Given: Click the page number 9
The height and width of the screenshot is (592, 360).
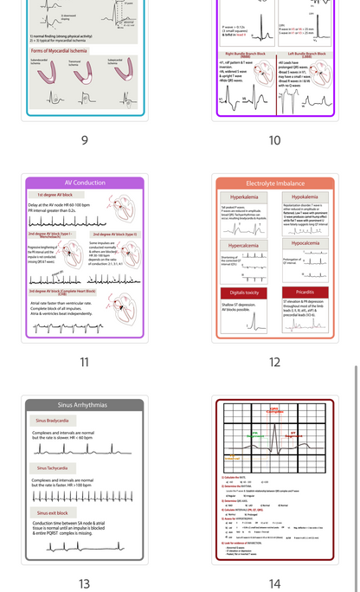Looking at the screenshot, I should pyautogui.click(x=84, y=141).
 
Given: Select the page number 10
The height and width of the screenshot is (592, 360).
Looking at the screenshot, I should pyautogui.click(x=274, y=141).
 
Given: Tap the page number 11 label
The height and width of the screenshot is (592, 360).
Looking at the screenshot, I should pyautogui.click(x=84, y=363).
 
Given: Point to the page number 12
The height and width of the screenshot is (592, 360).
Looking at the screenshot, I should pyautogui.click(x=274, y=363).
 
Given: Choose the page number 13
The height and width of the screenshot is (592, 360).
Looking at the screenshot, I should pyautogui.click(x=84, y=584).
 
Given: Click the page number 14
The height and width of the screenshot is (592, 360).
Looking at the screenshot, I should pyautogui.click(x=274, y=584).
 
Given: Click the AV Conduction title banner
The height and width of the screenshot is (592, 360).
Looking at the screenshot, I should pyautogui.click(x=85, y=183).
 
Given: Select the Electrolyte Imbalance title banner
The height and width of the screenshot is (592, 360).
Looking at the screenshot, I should pyautogui.click(x=274, y=183).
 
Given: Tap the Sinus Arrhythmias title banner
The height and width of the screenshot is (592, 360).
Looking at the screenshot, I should pyautogui.click(x=85, y=405).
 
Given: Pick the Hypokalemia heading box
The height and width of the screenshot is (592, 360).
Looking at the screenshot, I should pyautogui.click(x=305, y=197).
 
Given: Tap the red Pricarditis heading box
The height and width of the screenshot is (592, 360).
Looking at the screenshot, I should pyautogui.click(x=305, y=293).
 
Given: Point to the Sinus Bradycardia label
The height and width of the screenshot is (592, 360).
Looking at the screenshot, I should pyautogui.click(x=53, y=420).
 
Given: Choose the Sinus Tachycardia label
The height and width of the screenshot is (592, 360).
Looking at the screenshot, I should pyautogui.click(x=53, y=467).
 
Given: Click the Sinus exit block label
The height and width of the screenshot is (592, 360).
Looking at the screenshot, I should pyautogui.click(x=51, y=513).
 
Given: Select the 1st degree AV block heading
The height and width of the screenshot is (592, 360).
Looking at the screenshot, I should pyautogui.click(x=55, y=195).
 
